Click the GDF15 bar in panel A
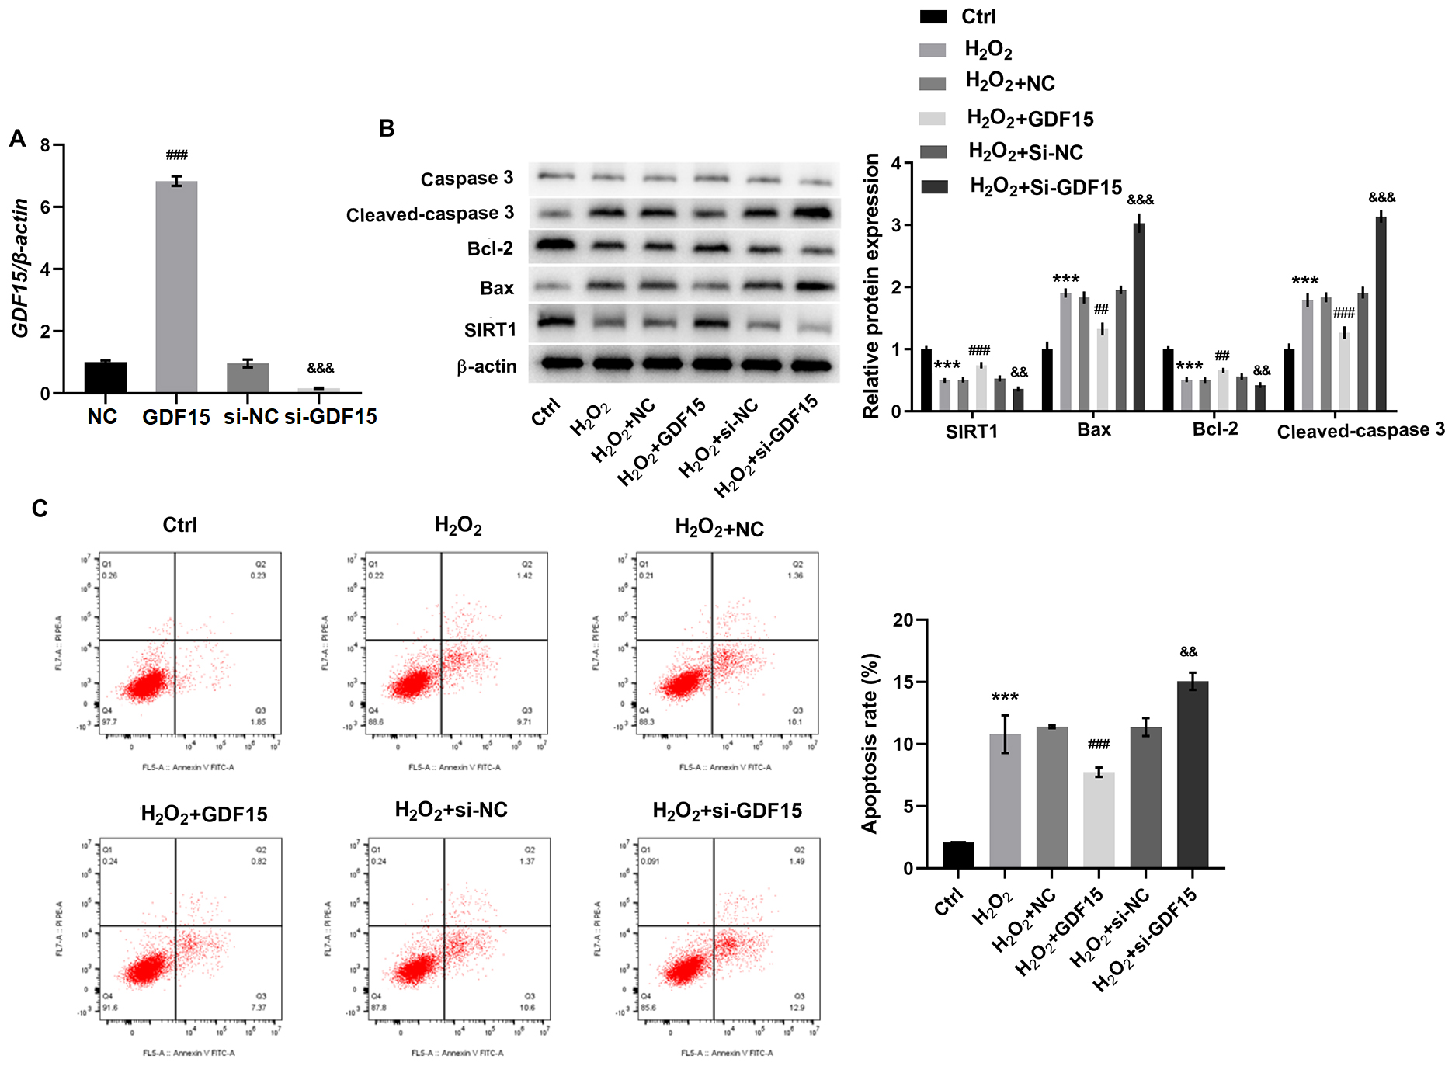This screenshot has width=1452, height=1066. click(176, 287)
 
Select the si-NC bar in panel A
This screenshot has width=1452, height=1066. click(248, 377)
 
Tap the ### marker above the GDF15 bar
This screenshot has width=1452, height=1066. click(177, 155)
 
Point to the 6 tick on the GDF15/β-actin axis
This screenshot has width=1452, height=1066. click(45, 207)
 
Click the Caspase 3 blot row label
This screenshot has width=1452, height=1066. click(467, 179)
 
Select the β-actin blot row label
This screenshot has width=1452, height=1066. click(487, 366)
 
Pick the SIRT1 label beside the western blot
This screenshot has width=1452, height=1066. click(490, 330)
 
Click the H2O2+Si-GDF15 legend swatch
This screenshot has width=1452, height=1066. click(934, 187)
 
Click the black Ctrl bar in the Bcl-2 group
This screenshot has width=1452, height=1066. click(1168, 380)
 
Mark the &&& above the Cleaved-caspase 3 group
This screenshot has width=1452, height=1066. click(1382, 198)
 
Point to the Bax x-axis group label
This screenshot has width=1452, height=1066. click(1094, 429)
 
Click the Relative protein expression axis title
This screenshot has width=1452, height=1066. click(871, 286)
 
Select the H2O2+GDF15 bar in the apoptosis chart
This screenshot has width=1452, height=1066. click(1099, 820)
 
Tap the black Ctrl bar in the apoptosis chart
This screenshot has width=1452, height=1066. click(958, 855)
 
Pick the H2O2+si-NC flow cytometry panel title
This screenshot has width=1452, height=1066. click(451, 811)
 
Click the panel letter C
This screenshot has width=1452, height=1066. click(40, 509)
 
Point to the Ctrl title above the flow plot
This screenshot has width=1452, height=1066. click(180, 525)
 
